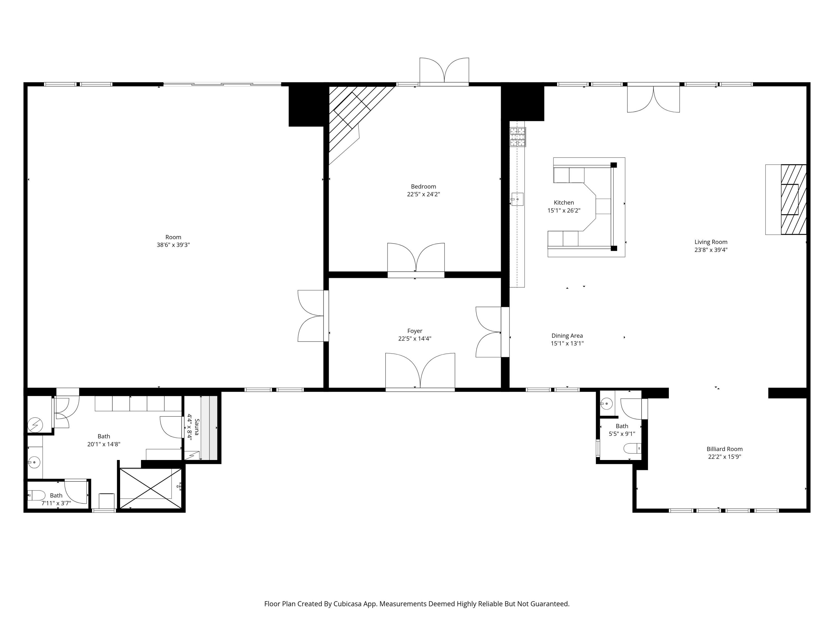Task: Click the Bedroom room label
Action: click(423, 186)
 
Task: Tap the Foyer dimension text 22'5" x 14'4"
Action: click(415, 339)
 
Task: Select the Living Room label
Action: click(711, 242)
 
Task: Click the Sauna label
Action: click(197, 427)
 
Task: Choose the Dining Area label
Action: click(567, 336)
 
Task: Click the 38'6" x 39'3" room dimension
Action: click(173, 245)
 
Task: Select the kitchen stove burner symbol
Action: click(518, 137)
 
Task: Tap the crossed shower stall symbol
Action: click(150, 489)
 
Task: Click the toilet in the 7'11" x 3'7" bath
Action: click(37, 495)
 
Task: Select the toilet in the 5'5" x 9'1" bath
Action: click(632, 448)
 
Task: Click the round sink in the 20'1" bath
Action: click(34, 462)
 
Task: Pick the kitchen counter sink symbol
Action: click(517, 199)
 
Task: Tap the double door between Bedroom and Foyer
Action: click(416, 260)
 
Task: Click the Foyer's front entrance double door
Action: click(420, 371)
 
